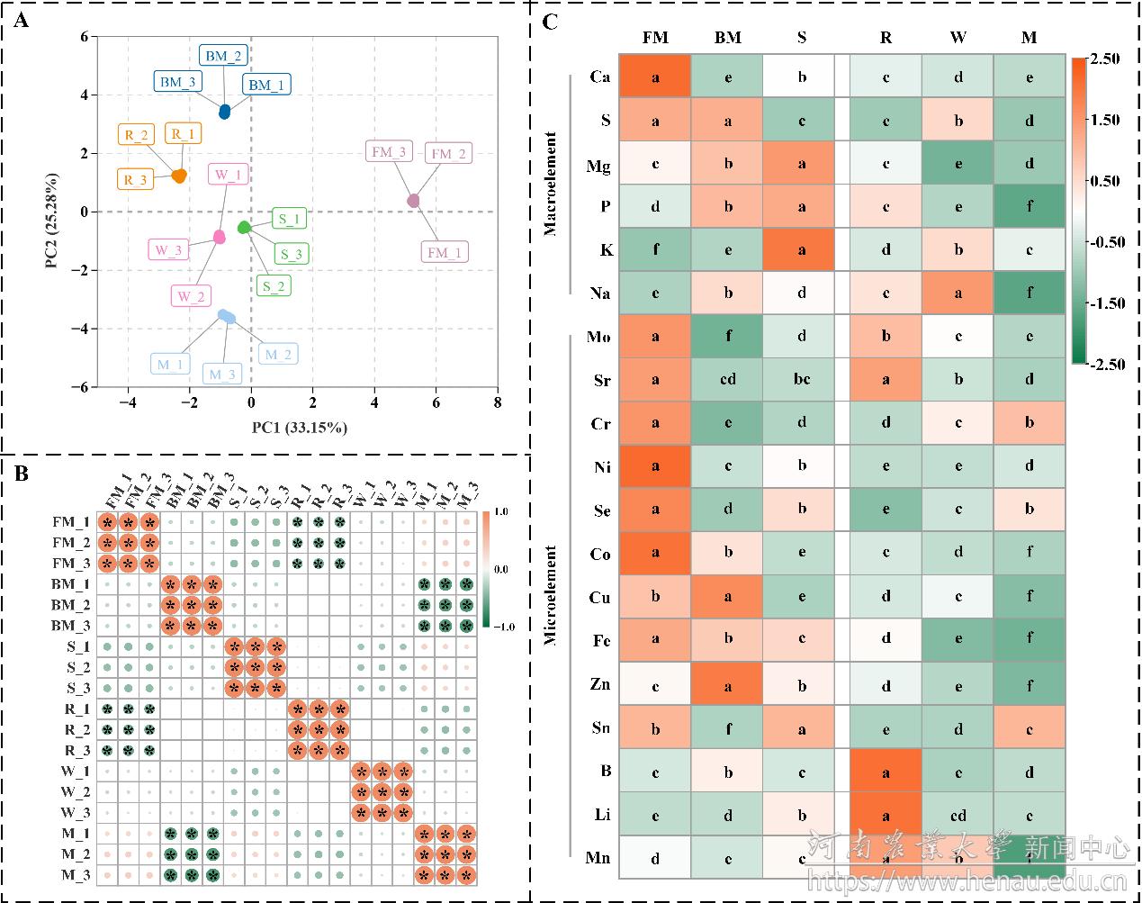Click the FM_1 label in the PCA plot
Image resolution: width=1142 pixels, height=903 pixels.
pyautogui.click(x=444, y=253)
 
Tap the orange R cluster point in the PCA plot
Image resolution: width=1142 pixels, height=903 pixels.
pyautogui.click(x=179, y=176)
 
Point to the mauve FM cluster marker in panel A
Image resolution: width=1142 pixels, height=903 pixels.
pyautogui.click(x=414, y=200)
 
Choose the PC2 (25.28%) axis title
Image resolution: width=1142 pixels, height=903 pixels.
pyautogui.click(x=58, y=213)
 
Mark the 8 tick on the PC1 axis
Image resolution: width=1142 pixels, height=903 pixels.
pyautogui.click(x=497, y=402)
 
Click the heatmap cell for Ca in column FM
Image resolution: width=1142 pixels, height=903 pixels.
pyautogui.click(x=656, y=77)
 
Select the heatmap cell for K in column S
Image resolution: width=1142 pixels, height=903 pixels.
pyautogui.click(x=801, y=250)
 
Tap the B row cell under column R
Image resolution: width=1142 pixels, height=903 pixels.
pyautogui.click(x=886, y=772)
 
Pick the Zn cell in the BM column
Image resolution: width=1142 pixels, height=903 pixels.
pyautogui.click(x=727, y=685)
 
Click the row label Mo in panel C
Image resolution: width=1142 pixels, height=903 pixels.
pyautogui.click(x=598, y=337)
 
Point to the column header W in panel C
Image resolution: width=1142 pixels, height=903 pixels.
pyautogui.click(x=958, y=37)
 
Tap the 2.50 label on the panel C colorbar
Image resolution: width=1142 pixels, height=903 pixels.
pyautogui.click(x=1104, y=59)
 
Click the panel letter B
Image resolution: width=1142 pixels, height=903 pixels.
pyautogui.click(x=22, y=472)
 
